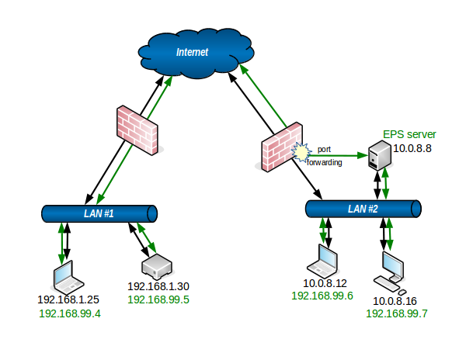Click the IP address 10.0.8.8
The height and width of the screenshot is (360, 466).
[x=412, y=147]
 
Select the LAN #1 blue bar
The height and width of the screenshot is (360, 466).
[x=99, y=213]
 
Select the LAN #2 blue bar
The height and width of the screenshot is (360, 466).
[x=363, y=209]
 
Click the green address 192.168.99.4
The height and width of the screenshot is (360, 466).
[x=70, y=313]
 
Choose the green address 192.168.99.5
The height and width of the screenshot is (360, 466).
[x=159, y=299]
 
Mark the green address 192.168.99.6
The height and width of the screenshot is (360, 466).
[x=322, y=296]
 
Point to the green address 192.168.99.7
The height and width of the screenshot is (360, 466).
[x=397, y=313]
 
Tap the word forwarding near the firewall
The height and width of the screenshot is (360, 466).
[x=324, y=163]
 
